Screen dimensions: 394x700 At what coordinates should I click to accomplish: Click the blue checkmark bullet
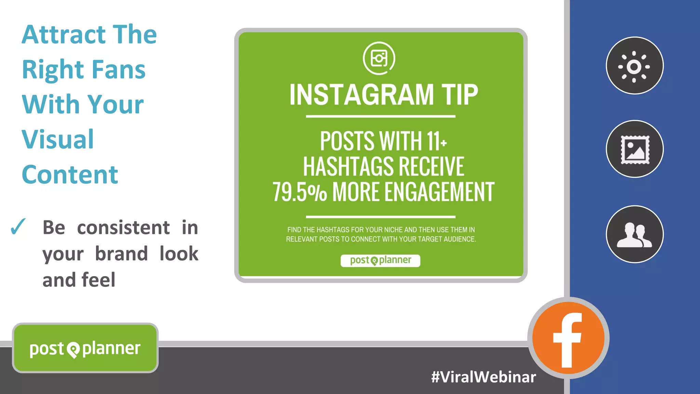tap(18, 227)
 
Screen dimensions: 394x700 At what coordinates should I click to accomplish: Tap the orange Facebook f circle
tap(568, 338)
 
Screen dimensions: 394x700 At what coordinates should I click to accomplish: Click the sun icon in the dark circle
tap(634, 66)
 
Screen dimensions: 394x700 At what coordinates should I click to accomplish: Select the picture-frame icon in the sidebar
tap(635, 149)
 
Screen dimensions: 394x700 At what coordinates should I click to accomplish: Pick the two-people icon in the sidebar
tap(635, 234)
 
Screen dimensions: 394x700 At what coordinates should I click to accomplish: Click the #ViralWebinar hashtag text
tap(483, 377)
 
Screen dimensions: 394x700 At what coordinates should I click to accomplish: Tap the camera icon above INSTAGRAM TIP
tap(379, 58)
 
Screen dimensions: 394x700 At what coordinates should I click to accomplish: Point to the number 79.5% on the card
tap(299, 192)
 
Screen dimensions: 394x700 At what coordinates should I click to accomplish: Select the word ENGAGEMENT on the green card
tap(440, 192)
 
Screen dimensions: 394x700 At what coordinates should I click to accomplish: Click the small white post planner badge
tap(380, 260)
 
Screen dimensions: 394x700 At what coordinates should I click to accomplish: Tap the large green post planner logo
tap(85, 348)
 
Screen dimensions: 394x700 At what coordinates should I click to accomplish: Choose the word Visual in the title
tap(58, 139)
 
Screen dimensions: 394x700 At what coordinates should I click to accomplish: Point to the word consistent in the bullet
tap(123, 228)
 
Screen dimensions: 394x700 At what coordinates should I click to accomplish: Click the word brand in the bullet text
tap(121, 254)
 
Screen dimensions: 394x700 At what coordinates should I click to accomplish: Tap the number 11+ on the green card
tap(436, 141)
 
